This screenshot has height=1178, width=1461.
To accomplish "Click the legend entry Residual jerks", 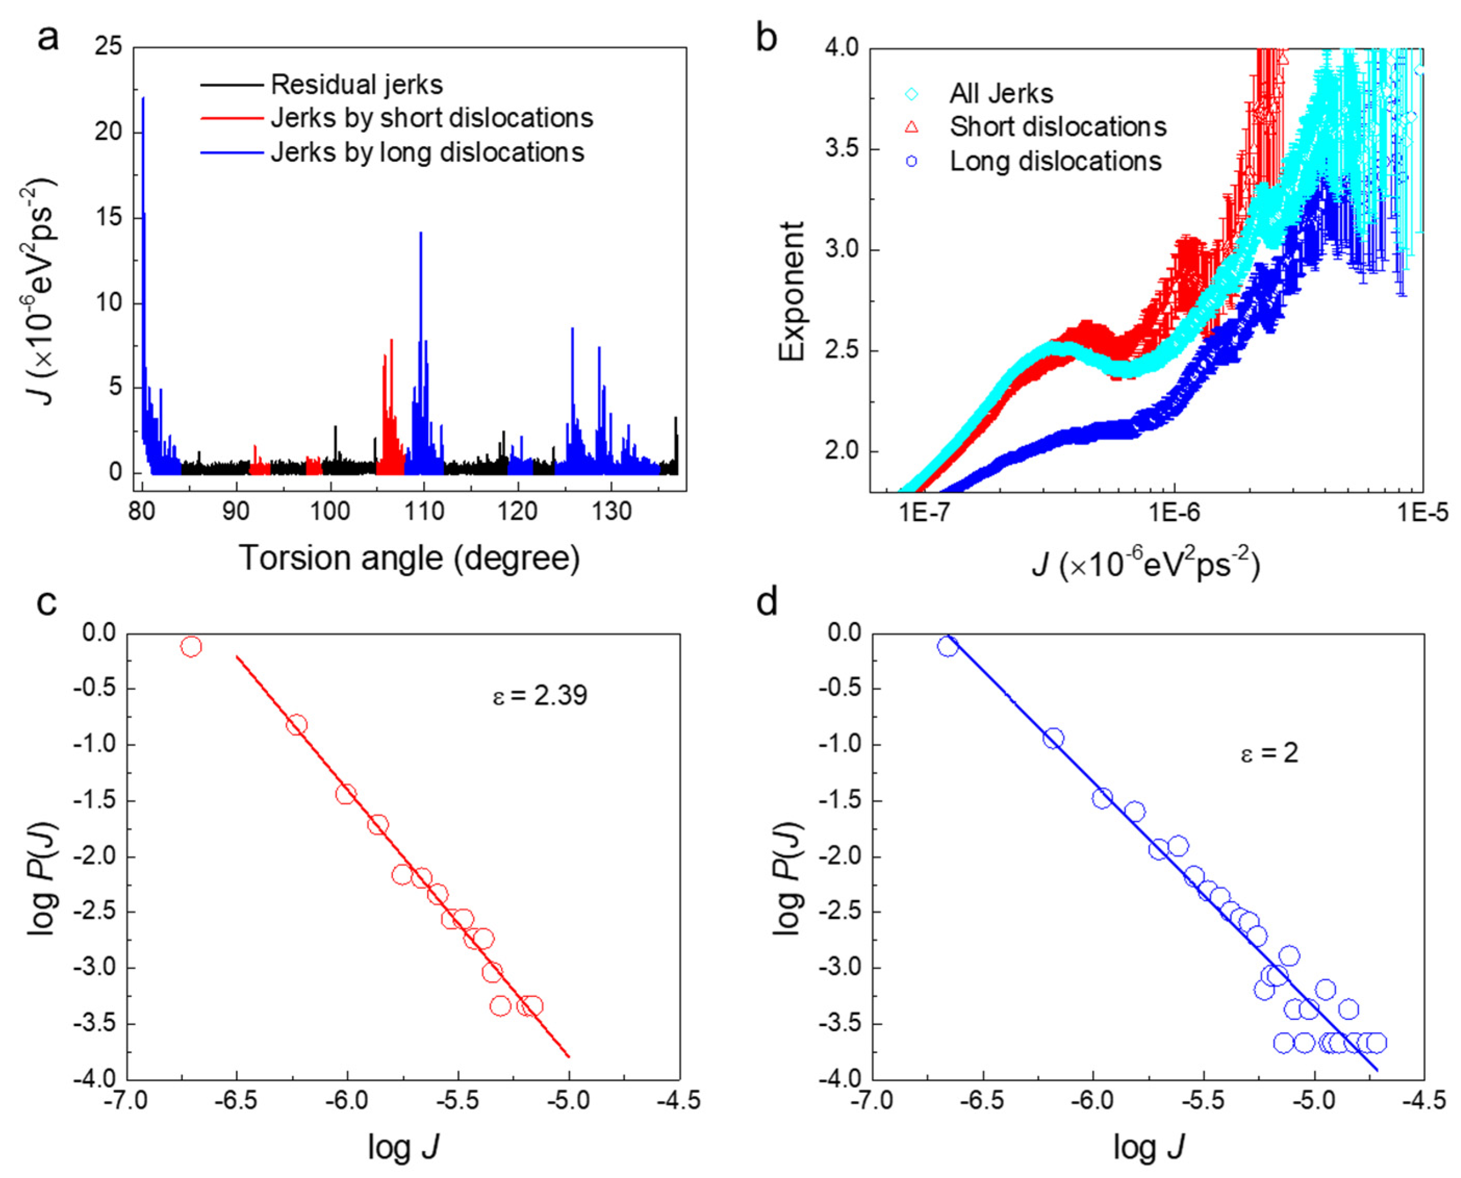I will click(356, 85).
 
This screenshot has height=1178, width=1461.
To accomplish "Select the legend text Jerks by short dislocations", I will click(432, 118).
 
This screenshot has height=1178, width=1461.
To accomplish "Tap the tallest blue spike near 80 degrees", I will click(143, 99).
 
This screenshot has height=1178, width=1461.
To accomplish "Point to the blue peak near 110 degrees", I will click(421, 234).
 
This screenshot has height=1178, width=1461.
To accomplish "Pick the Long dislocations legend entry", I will click(1055, 162).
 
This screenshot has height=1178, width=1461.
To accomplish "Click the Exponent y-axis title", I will click(791, 292).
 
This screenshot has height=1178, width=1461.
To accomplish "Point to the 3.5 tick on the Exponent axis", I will click(841, 149).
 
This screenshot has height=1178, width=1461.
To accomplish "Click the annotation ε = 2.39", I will click(540, 695).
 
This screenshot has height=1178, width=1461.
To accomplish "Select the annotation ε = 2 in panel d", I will click(1269, 753).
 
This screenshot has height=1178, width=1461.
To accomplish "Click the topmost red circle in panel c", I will click(191, 646).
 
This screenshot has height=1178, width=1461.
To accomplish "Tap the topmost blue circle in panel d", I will click(948, 646).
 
